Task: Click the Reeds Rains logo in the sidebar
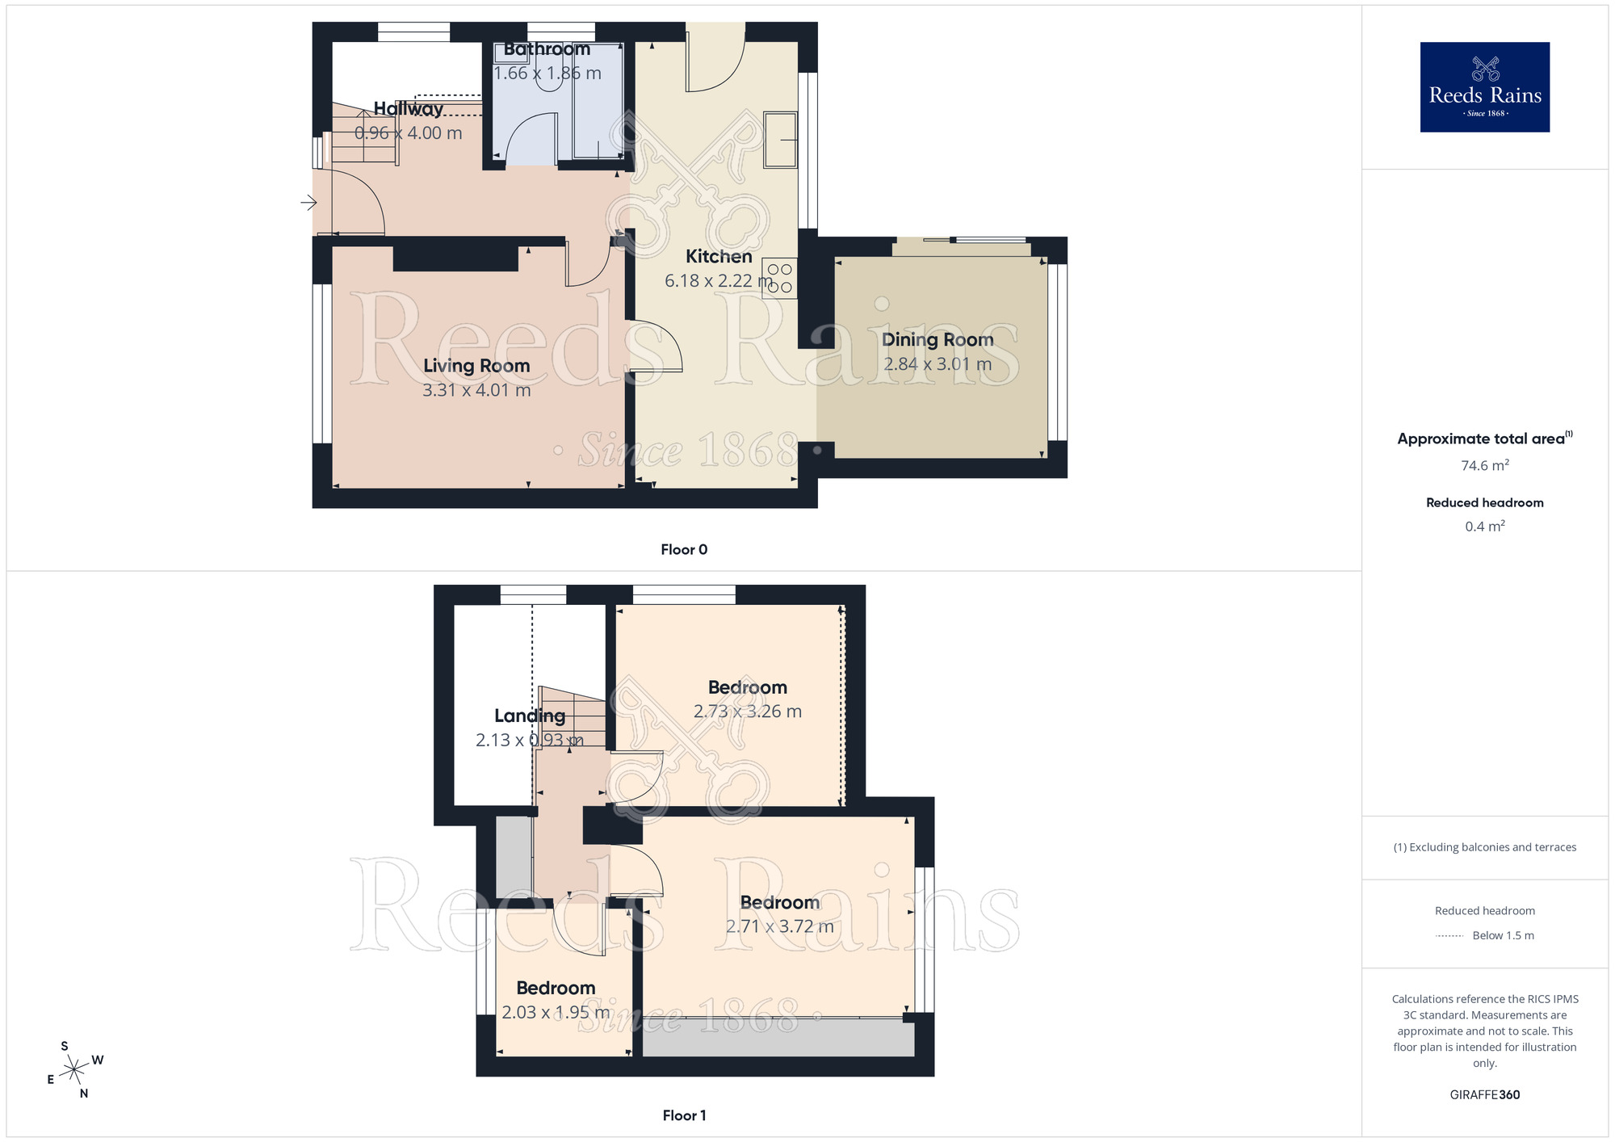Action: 1484,87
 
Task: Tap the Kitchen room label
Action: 719,257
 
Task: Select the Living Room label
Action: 476,366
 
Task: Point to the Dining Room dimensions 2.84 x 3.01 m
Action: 938,364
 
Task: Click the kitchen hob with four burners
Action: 780,278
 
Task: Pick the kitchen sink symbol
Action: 780,140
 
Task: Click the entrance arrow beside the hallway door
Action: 308,203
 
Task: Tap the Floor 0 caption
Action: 684,550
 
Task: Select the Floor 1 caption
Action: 684,1115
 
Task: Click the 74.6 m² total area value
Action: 1484,466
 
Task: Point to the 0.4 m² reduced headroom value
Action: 1484,527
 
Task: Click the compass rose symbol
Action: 74,1070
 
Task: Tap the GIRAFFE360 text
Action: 1484,1095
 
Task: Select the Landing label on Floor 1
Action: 530,716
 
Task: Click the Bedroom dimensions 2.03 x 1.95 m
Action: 556,1013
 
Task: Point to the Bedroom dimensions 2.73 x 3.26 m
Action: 747,712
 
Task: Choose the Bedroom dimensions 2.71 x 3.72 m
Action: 779,926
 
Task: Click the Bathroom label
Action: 547,49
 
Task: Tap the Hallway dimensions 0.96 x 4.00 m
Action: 409,133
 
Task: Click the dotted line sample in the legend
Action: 1449,936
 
